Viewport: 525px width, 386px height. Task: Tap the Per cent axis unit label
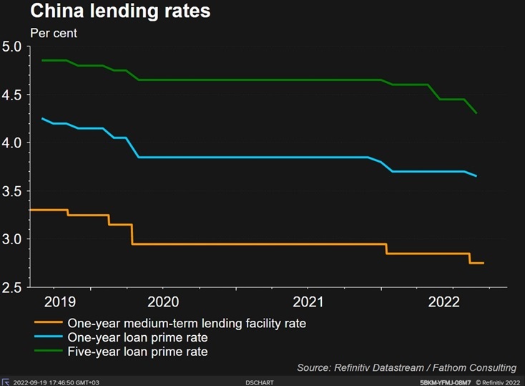(54, 33)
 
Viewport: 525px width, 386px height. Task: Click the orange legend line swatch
(46, 324)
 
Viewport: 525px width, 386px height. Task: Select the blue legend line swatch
(46, 337)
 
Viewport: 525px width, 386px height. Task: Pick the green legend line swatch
(46, 352)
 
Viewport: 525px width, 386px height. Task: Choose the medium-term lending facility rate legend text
(187, 324)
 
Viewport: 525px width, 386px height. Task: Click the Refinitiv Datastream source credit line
(407, 367)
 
